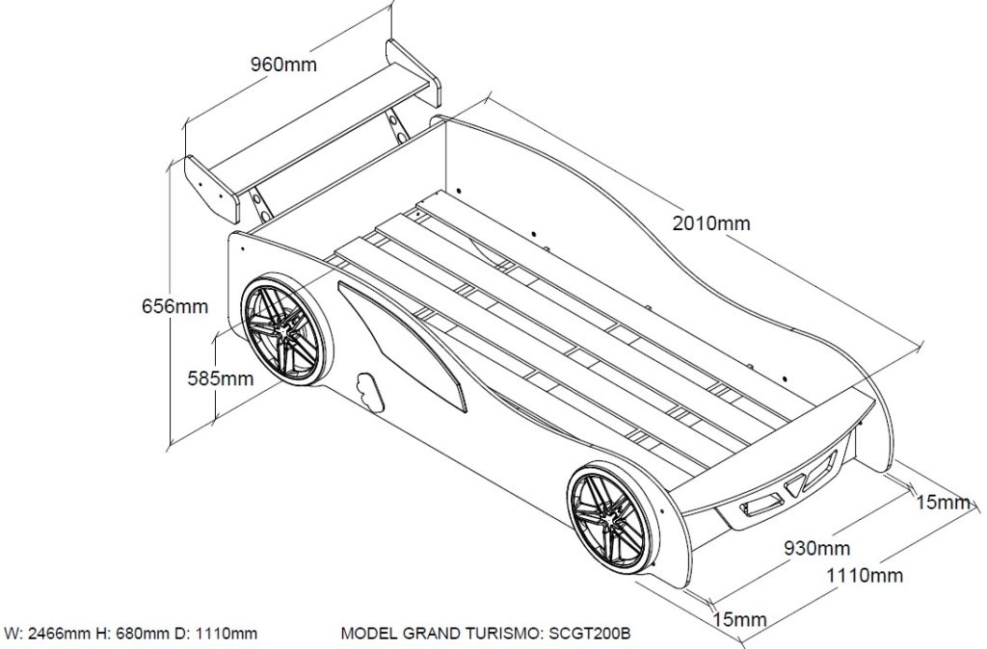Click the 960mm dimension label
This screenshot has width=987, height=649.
283,65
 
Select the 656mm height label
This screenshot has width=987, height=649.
174,306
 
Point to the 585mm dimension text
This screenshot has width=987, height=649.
221,378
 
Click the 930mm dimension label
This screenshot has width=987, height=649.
816,549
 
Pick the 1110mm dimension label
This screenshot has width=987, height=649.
865,576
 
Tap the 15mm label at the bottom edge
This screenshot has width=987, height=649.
739,618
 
